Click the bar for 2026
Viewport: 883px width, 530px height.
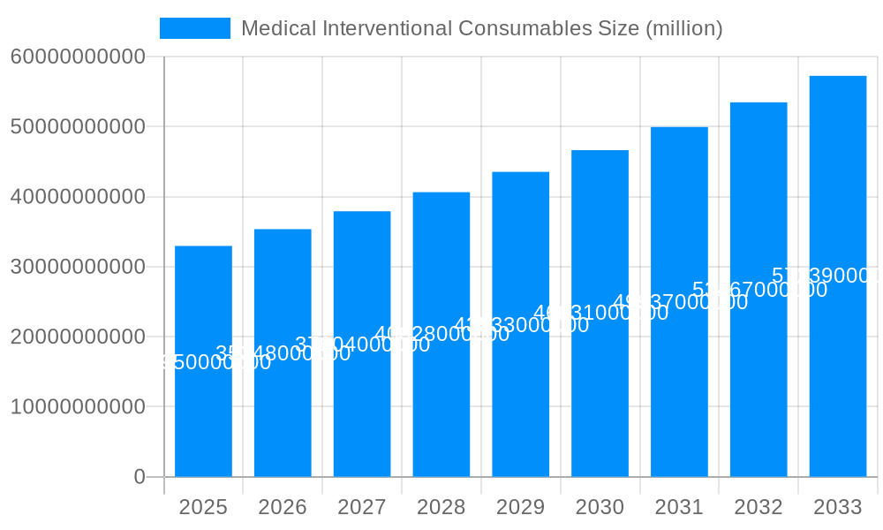283,406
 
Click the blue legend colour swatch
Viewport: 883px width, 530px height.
194,28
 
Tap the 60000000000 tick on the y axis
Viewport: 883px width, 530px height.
77,57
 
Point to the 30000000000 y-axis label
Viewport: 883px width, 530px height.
77,267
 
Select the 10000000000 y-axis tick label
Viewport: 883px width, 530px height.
77,407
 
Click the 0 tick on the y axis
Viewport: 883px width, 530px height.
139,477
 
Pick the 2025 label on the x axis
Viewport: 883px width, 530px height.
203,507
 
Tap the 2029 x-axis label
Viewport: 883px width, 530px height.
520,507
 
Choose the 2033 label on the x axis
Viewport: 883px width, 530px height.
837,507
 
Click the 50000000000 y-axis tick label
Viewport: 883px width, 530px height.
77,127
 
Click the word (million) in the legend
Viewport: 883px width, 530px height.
684,28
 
